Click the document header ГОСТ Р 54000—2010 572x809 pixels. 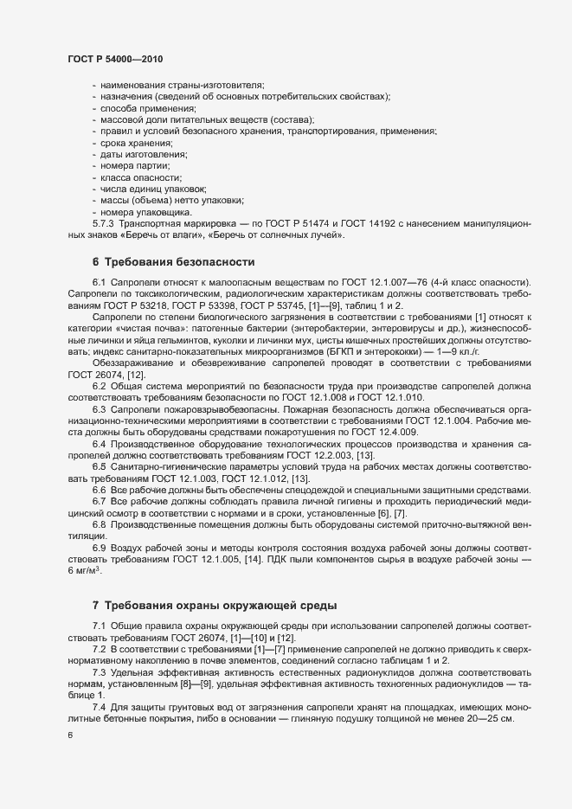point(115,58)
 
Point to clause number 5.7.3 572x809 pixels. point(106,223)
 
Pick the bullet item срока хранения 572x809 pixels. point(137,142)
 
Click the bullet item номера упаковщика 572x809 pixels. point(146,211)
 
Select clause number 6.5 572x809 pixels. point(99,467)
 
